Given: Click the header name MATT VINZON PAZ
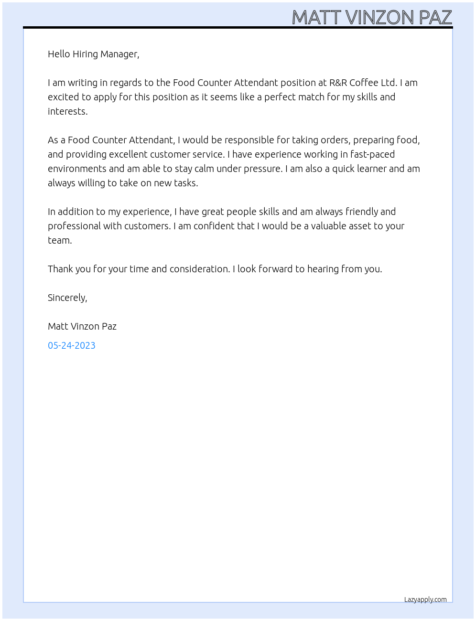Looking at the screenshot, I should [x=372, y=17].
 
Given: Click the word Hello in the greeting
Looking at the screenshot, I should [x=59, y=54].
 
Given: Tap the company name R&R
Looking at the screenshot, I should [x=338, y=83].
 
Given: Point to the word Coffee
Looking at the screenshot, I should [x=364, y=83].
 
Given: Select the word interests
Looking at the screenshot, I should [x=67, y=111].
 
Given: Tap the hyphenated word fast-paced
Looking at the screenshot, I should [x=372, y=154].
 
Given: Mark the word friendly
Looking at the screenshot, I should [x=361, y=212].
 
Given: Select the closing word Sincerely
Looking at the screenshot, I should [x=67, y=298].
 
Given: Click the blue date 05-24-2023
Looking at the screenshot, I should [x=72, y=345].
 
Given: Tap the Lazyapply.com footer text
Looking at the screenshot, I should [x=425, y=600].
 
